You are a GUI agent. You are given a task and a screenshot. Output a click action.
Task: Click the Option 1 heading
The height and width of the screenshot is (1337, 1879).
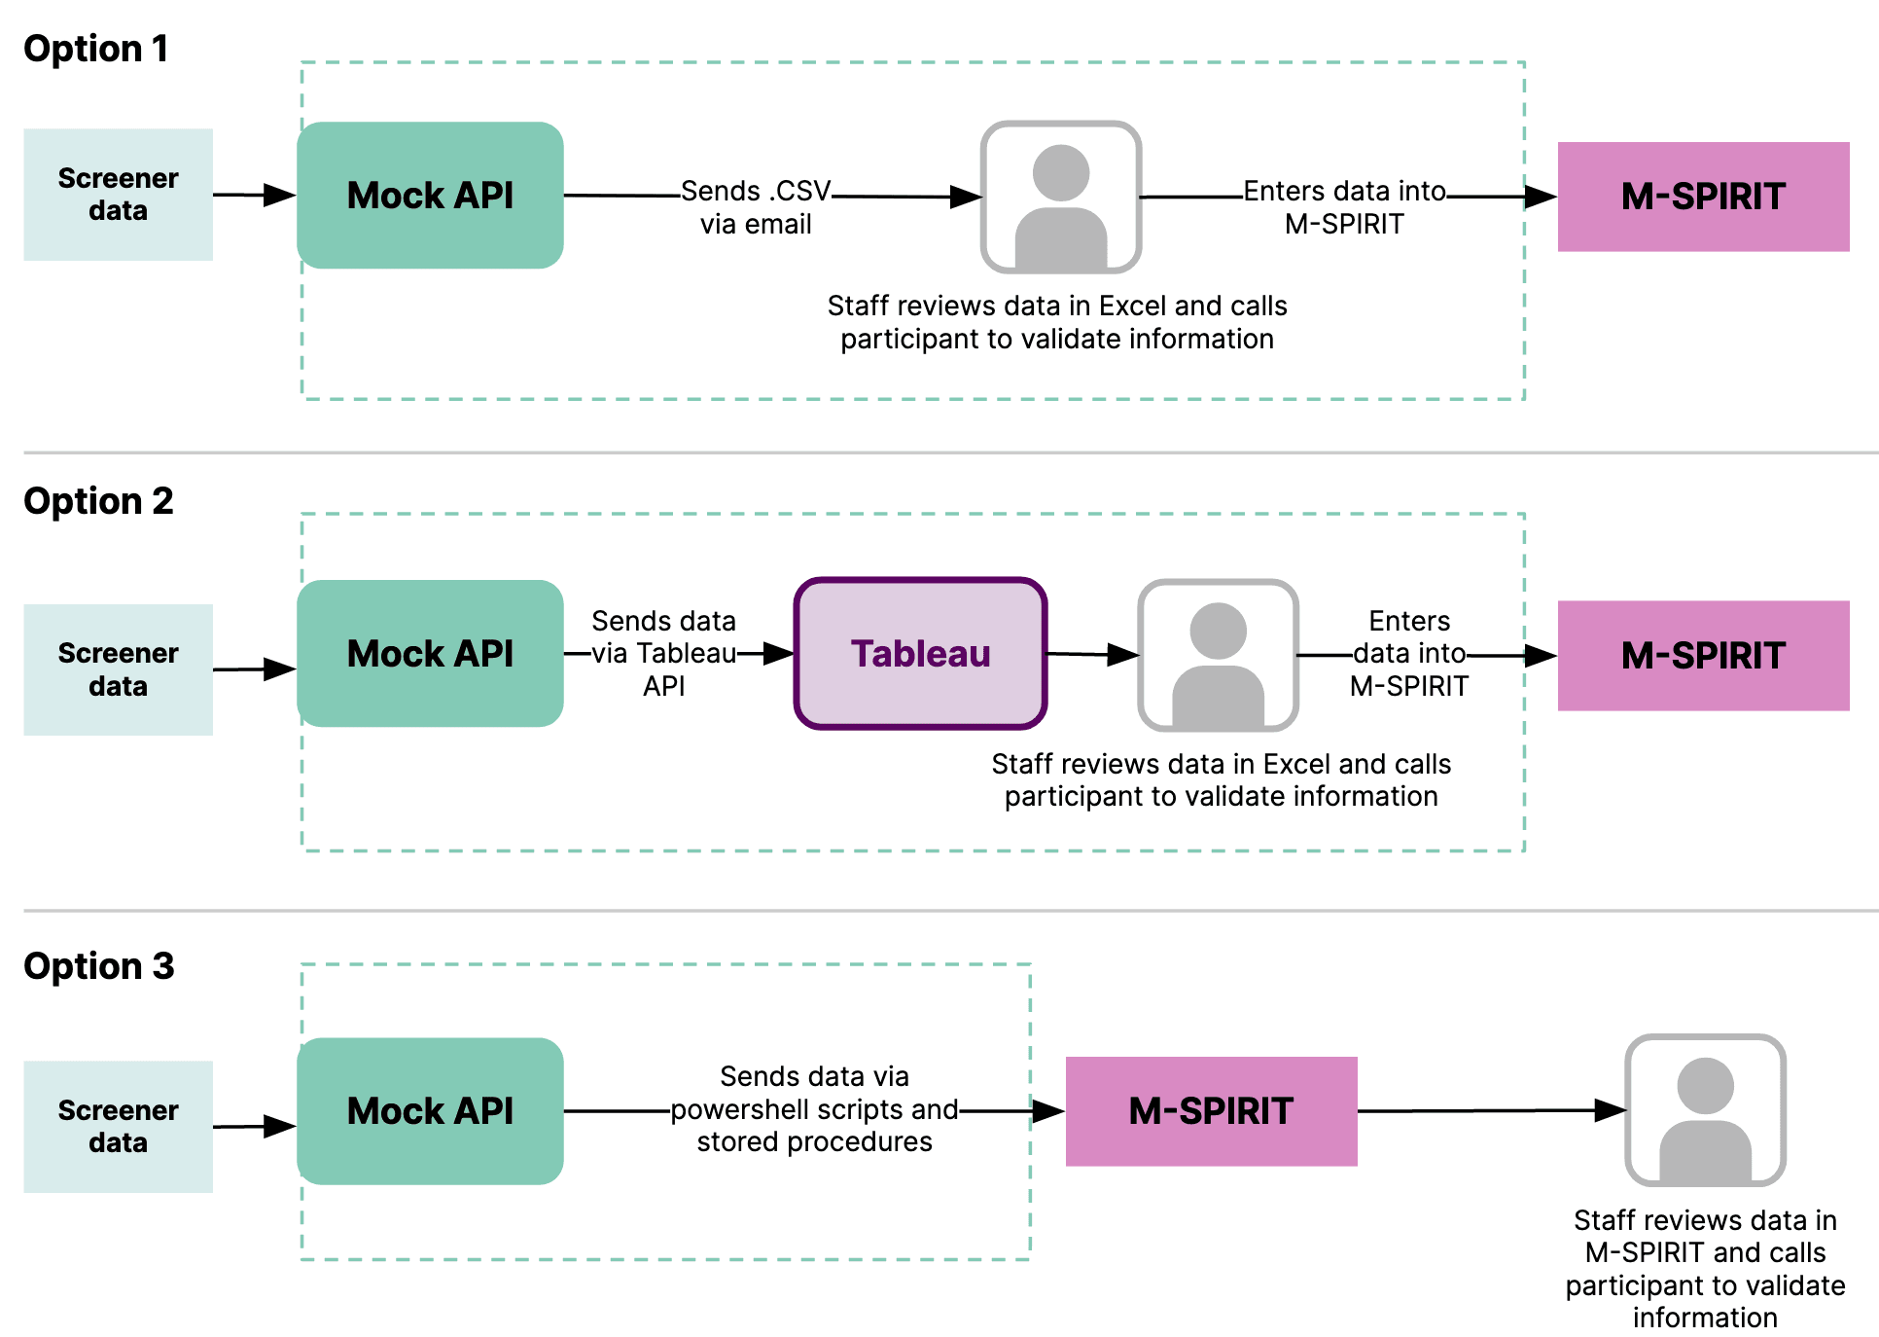95,49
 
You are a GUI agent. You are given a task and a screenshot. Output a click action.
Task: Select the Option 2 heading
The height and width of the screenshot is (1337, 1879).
98,501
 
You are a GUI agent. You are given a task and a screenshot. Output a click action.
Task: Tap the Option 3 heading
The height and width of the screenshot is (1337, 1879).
98,966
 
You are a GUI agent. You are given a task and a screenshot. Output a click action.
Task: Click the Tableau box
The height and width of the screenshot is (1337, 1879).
920,654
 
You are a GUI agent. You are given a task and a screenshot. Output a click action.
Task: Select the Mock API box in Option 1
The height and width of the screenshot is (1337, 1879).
430,196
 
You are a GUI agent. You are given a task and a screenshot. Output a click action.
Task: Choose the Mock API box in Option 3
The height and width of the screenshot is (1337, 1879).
430,1111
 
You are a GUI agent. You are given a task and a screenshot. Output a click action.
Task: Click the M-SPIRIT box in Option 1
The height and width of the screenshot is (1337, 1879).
1703,197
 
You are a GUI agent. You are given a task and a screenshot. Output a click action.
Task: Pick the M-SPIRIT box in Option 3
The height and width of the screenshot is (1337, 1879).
1211,1111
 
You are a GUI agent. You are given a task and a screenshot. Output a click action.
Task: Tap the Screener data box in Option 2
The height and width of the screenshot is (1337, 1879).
118,669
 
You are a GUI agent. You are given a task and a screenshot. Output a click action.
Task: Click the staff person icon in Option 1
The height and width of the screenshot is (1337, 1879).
1060,198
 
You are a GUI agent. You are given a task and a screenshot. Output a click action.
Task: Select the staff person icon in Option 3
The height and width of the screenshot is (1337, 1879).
1705,1110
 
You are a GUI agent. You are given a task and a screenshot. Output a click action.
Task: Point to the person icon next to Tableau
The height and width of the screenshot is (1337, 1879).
1218,655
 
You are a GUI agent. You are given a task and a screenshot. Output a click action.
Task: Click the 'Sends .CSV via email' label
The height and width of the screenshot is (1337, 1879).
756,207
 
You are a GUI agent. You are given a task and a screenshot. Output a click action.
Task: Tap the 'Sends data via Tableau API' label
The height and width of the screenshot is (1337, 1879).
663,653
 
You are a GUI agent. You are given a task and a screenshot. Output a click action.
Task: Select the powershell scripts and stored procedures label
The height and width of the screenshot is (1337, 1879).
814,1109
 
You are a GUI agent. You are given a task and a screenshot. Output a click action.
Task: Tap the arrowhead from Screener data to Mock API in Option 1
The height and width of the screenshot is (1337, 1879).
280,195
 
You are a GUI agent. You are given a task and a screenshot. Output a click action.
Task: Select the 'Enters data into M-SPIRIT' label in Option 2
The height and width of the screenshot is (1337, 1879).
1408,653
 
